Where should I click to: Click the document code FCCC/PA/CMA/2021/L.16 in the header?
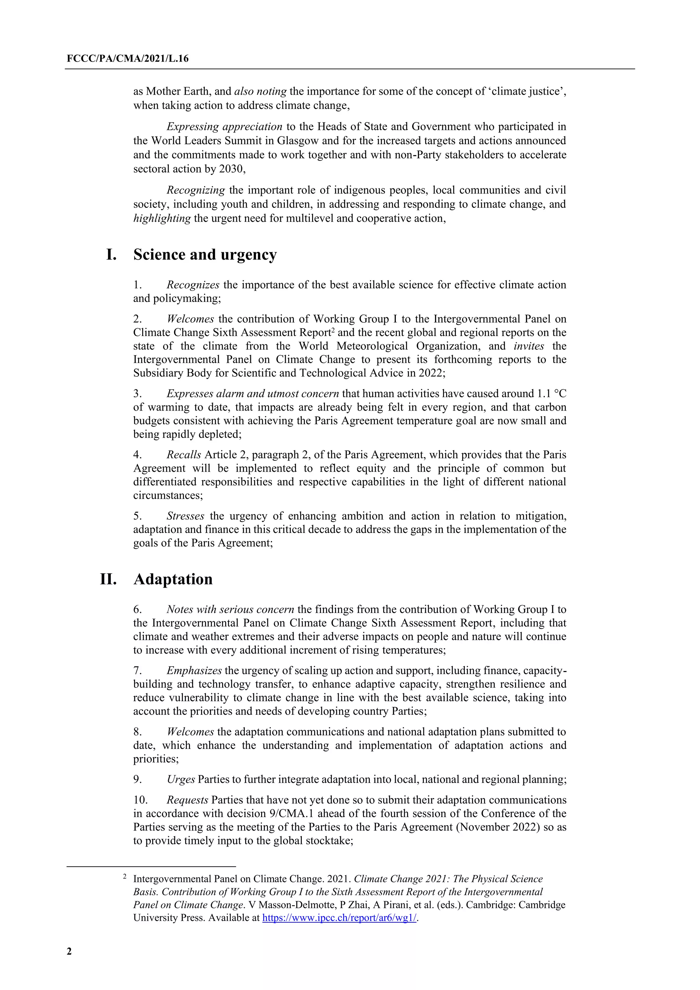click(127, 59)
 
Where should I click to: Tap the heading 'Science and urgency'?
click(205, 254)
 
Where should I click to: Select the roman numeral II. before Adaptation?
click(108, 579)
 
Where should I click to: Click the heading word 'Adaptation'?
click(173, 579)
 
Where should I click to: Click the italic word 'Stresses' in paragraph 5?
click(185, 516)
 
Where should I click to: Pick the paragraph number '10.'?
click(140, 800)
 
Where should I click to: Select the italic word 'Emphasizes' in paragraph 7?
click(194, 670)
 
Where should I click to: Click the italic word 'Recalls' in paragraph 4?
click(184, 455)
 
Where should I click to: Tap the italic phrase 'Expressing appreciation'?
click(224, 127)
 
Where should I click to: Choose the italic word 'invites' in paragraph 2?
click(529, 346)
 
